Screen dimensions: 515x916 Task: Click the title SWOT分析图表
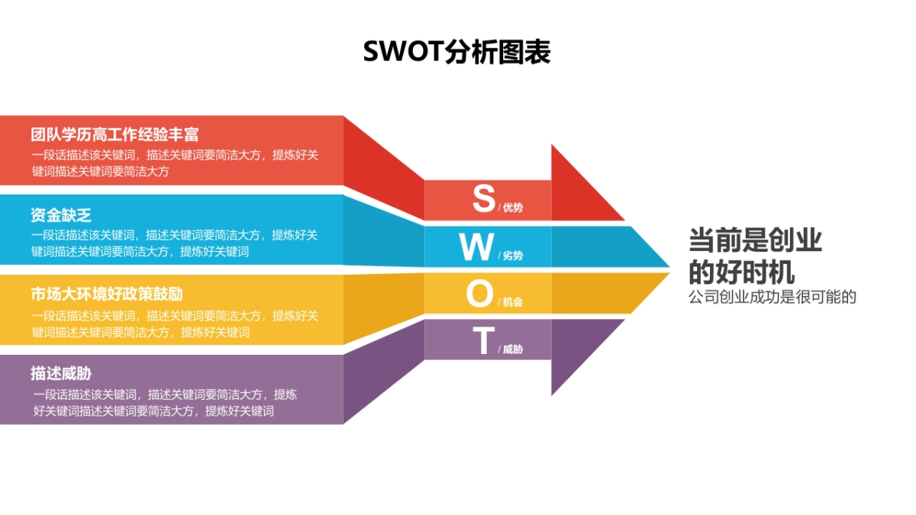pyautogui.click(x=456, y=53)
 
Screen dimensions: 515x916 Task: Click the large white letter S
pyautogui.click(x=483, y=198)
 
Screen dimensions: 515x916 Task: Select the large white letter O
pyautogui.click(x=479, y=294)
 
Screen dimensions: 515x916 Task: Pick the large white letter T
pyautogui.click(x=482, y=341)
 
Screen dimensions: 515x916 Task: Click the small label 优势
pyautogui.click(x=513, y=208)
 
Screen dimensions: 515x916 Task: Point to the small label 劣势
pyautogui.click(x=513, y=256)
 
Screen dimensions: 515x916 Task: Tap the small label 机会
pyautogui.click(x=513, y=302)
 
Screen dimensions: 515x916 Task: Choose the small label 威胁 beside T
pyautogui.click(x=513, y=349)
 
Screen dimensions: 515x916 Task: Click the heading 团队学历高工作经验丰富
pyautogui.click(x=114, y=135)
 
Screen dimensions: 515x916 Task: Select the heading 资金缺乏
pyautogui.click(x=61, y=215)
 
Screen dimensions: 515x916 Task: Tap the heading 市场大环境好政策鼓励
pyautogui.click(x=107, y=295)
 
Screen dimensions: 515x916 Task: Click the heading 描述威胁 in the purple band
pyautogui.click(x=61, y=374)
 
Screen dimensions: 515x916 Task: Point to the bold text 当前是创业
pyautogui.click(x=755, y=240)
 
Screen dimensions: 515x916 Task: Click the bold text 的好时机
pyautogui.click(x=741, y=272)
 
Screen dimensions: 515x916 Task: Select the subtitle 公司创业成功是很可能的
pyautogui.click(x=772, y=297)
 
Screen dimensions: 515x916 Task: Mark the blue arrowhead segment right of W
pyautogui.click(x=603, y=246)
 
